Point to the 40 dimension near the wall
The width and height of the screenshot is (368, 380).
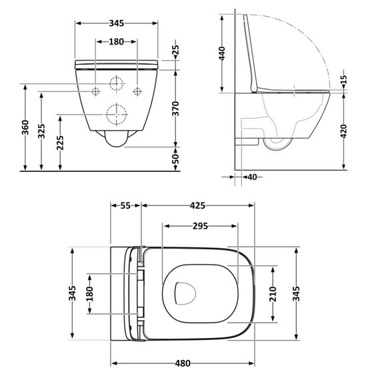point(251,177)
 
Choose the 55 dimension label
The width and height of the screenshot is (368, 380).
point(125,207)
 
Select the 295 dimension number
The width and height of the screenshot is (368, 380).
point(199,226)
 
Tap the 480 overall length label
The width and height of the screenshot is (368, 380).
point(183,363)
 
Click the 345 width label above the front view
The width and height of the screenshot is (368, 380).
point(116,23)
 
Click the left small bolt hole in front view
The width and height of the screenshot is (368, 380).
point(95,90)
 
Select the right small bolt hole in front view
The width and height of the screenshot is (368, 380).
point(139,90)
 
